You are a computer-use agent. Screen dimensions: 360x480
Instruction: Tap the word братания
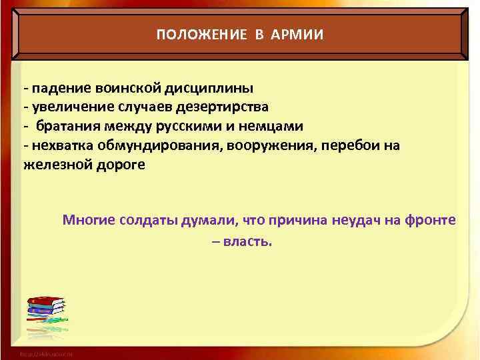[x=66, y=126]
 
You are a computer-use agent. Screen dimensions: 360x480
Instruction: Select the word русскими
[x=183, y=126]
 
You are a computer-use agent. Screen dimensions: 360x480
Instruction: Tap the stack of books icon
[x=45, y=311]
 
